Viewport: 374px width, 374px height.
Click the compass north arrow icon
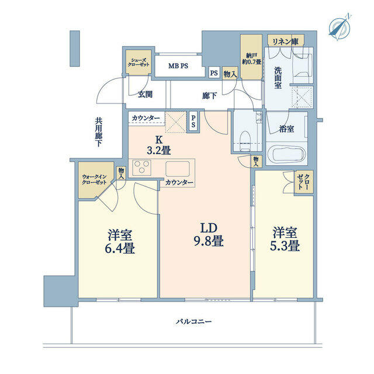point(340,27)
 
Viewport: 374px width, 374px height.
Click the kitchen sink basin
point(178,168)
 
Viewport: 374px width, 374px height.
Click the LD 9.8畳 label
point(209,235)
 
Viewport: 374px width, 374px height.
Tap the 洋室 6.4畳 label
point(120,241)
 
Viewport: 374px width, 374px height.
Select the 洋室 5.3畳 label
point(285,239)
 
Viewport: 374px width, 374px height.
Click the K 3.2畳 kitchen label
point(158,146)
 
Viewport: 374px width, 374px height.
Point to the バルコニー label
point(194,321)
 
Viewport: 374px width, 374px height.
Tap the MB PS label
point(178,66)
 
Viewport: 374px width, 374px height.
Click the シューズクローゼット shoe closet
point(138,63)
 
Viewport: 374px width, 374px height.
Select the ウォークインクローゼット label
point(94,179)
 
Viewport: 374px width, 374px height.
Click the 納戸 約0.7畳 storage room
point(251,57)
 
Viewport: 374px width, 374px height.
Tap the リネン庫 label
point(286,41)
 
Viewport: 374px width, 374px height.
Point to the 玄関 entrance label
point(146,95)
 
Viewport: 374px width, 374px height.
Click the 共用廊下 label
point(98,132)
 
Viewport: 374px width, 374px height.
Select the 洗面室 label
point(278,78)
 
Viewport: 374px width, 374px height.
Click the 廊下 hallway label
point(209,96)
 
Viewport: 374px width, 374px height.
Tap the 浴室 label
point(286,129)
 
